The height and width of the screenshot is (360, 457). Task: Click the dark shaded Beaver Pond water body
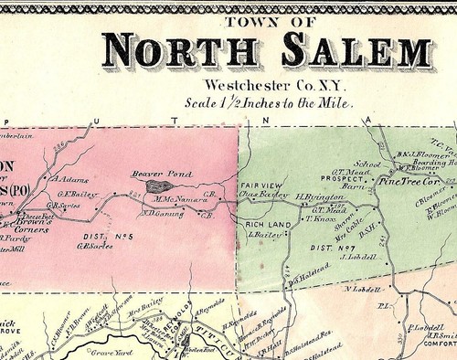click(149, 185)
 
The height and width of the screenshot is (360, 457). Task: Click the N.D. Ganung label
click(156, 215)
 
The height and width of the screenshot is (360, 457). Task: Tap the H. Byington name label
click(315, 197)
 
